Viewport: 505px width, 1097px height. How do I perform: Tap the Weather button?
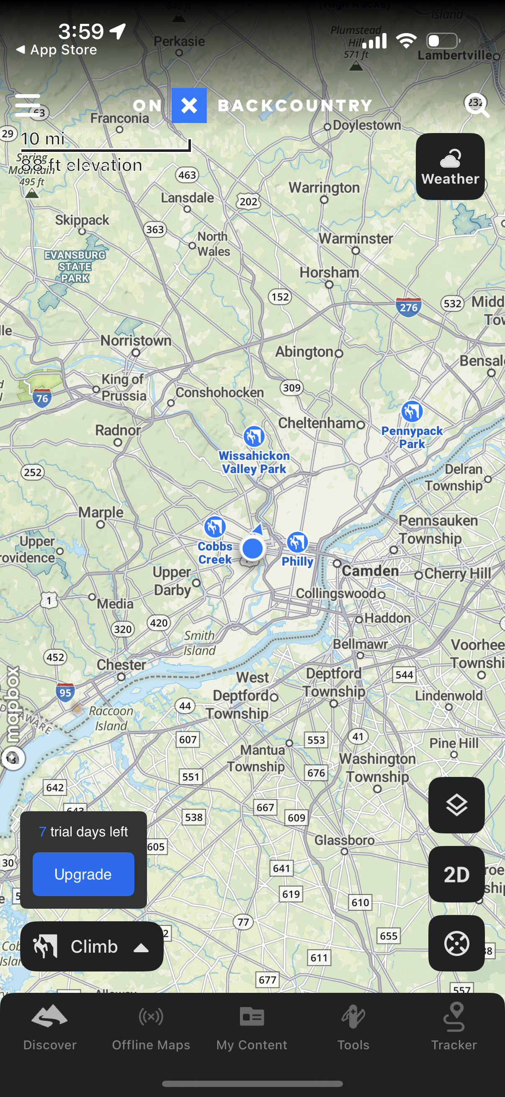point(450,167)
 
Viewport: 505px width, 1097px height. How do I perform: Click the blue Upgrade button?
point(83,874)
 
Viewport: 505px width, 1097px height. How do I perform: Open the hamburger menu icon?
point(28,105)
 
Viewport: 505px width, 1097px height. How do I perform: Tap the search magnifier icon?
point(477,105)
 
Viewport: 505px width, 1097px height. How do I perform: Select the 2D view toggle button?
point(456,874)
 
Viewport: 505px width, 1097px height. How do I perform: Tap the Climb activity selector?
point(92,946)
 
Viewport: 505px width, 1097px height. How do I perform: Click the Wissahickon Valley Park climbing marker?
point(254,436)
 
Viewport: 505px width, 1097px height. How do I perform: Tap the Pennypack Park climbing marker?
point(412,412)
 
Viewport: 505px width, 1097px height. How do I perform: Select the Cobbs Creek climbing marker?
point(215,527)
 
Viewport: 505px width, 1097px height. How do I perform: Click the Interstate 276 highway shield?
point(408,307)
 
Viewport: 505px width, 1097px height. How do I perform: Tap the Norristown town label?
point(136,341)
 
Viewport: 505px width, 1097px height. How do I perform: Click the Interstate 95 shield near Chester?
point(65,692)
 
